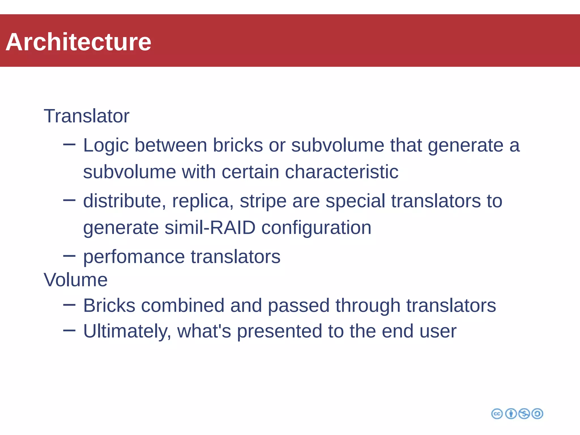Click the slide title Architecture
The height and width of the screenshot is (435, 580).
click(78, 42)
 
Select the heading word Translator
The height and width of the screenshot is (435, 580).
click(86, 116)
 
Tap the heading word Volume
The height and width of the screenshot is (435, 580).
click(76, 280)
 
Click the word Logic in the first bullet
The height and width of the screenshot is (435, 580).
click(106, 146)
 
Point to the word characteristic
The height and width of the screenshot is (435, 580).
click(342, 172)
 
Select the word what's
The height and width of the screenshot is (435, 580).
click(204, 331)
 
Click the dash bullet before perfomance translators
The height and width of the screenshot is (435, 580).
click(69, 256)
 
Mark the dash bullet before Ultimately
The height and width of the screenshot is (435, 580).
click(69, 330)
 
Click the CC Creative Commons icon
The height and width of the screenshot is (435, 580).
click(497, 414)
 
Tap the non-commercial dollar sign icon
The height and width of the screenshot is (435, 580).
click(524, 414)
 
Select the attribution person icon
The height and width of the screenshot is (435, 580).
click(511, 414)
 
